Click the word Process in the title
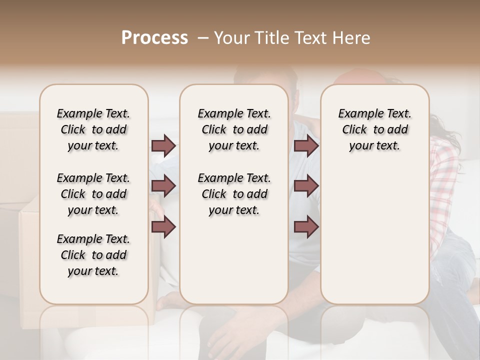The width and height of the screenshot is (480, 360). coord(154,38)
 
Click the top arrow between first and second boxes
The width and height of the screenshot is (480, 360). coord(163,145)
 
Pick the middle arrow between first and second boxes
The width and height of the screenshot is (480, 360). coord(163,186)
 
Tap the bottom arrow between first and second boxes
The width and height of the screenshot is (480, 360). coord(163,227)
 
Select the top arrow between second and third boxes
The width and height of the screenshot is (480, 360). coord(306,145)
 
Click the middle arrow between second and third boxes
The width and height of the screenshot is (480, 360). coord(306,186)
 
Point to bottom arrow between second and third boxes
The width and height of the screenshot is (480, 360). coord(306,227)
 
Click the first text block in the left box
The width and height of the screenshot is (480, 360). coord(93,129)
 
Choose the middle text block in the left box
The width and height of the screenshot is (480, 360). coord(93,194)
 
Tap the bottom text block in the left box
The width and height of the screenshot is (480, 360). coord(93,255)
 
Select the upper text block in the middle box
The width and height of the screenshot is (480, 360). coord(234,129)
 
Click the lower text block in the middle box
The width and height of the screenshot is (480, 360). coord(234,194)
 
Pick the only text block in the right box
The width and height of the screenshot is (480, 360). coord(374,129)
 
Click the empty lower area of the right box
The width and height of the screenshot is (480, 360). coord(374,235)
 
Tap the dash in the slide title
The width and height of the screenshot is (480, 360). coord(202,38)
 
